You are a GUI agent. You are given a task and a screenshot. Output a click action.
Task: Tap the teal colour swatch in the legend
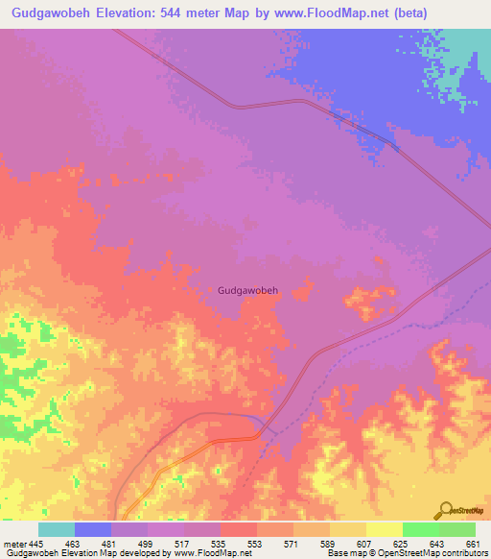point(57,529)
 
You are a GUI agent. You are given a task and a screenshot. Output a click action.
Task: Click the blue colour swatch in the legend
point(93,529)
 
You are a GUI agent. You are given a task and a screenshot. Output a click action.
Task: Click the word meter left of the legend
point(14,544)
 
